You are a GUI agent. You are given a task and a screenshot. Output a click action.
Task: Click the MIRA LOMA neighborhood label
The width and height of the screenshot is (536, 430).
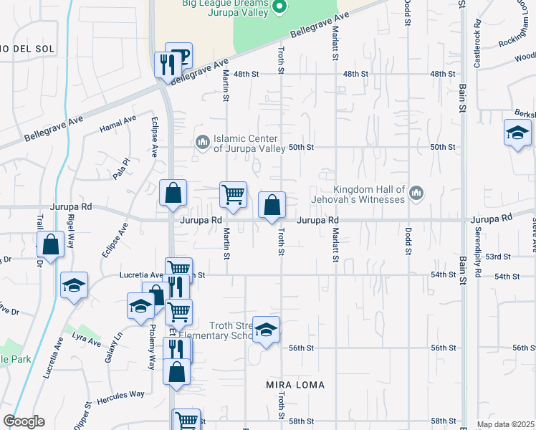(x=295, y=385)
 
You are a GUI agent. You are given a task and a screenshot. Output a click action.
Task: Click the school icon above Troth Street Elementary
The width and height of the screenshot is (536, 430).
(x=266, y=330)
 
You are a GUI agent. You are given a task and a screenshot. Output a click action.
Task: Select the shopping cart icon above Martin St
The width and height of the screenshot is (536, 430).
(x=233, y=193)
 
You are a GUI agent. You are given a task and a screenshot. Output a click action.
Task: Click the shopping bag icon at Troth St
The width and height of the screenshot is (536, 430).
(x=272, y=206)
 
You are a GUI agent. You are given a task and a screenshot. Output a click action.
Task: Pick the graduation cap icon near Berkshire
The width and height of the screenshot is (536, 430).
(x=517, y=133)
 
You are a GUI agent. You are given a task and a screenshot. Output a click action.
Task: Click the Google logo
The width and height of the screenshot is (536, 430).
(x=24, y=421)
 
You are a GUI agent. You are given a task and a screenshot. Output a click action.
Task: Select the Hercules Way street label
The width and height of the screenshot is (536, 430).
(x=121, y=394)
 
